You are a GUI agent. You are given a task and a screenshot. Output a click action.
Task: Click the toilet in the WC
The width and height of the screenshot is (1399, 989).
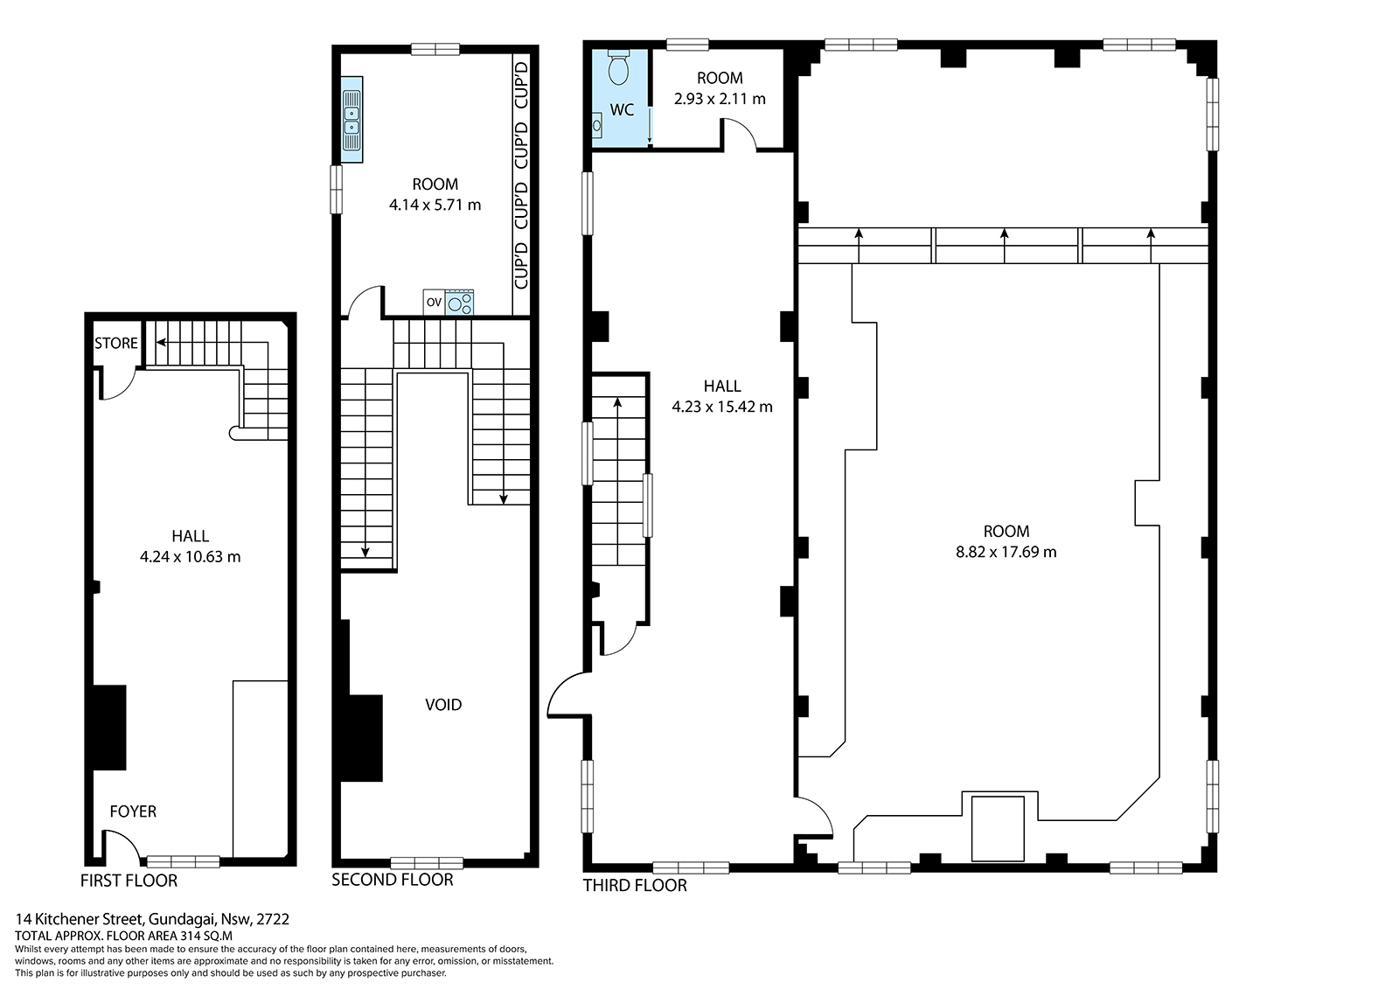pyautogui.click(x=618, y=66)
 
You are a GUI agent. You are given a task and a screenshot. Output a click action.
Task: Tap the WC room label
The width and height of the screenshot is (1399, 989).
pyautogui.click(x=622, y=110)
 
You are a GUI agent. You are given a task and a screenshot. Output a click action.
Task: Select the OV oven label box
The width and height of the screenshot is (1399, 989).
pyautogui.click(x=434, y=303)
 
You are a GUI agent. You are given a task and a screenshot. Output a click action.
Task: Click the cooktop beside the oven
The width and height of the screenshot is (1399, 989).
pyautogui.click(x=459, y=303)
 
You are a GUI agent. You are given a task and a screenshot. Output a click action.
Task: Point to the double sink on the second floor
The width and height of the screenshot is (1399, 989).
pyautogui.click(x=351, y=119)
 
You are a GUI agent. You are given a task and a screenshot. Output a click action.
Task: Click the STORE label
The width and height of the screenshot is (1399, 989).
pyautogui.click(x=116, y=343)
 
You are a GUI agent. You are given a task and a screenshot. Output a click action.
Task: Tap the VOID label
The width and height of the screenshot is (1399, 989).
pyautogui.click(x=443, y=705)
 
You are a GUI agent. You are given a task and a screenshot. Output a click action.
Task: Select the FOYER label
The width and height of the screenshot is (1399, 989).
pyautogui.click(x=133, y=811)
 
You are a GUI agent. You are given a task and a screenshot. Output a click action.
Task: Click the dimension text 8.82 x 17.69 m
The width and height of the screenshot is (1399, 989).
pyautogui.click(x=1006, y=552)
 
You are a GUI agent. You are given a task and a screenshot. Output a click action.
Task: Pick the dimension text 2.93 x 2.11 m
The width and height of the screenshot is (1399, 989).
pyautogui.click(x=720, y=99)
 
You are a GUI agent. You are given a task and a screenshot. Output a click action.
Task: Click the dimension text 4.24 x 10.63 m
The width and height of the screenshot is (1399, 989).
pyautogui.click(x=190, y=557)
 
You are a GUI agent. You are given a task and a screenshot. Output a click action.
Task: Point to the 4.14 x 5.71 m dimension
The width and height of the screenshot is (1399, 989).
pyautogui.click(x=435, y=205)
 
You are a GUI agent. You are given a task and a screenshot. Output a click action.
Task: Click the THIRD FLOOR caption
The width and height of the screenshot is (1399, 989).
pyautogui.click(x=635, y=885)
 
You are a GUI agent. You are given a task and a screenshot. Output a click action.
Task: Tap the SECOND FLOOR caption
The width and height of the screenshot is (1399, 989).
pyautogui.click(x=393, y=880)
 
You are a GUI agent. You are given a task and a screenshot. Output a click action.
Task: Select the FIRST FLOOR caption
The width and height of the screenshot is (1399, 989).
pyautogui.click(x=129, y=881)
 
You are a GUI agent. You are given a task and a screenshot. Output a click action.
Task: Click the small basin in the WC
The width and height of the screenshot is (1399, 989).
pyautogui.click(x=596, y=126)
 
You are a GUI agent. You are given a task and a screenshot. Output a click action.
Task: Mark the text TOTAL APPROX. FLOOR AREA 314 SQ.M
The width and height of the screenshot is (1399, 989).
pyautogui.click(x=123, y=936)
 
